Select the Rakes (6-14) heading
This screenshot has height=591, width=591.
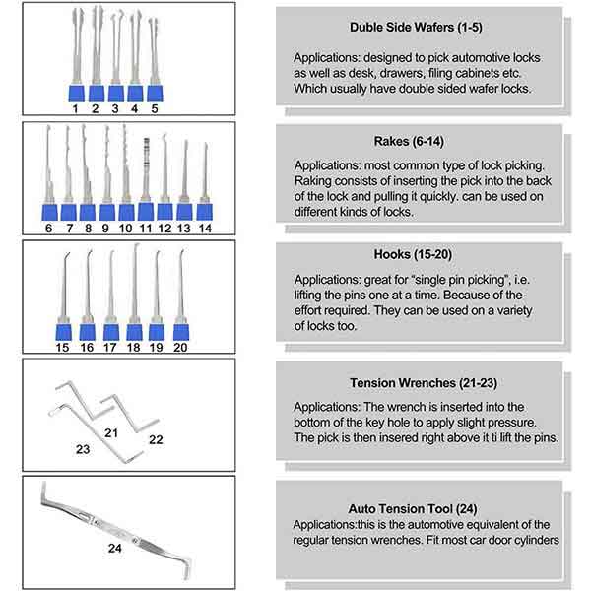tap(420, 141)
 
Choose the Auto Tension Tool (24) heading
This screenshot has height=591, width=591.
tap(420, 509)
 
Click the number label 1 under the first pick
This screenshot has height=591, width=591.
tap(76, 108)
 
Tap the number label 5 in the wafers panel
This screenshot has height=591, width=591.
tap(154, 108)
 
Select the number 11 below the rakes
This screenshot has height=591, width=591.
tap(146, 228)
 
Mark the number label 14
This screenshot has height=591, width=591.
tap(204, 228)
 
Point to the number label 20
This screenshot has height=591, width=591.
tap(181, 347)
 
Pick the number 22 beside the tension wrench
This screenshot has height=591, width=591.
tap(156, 440)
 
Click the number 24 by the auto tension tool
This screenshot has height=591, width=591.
tap(114, 548)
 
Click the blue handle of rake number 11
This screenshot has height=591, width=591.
tap(146, 211)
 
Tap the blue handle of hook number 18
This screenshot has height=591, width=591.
tap(134, 329)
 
